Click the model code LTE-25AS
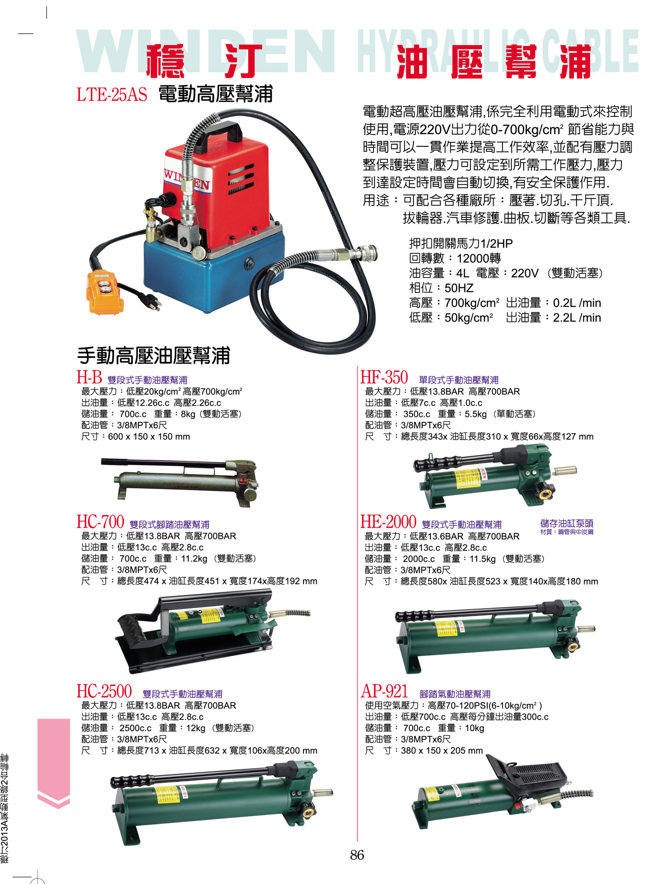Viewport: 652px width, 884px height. [112, 95]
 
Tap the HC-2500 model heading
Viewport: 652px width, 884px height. [104, 692]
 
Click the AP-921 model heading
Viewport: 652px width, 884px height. [384, 692]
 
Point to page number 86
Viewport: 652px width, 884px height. [357, 855]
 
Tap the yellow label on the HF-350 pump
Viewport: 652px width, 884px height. [467, 479]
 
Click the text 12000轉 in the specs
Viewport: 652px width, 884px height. [479, 258]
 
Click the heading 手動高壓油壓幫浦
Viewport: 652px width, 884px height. [153, 355]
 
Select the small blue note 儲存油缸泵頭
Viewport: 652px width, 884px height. [566, 523]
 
